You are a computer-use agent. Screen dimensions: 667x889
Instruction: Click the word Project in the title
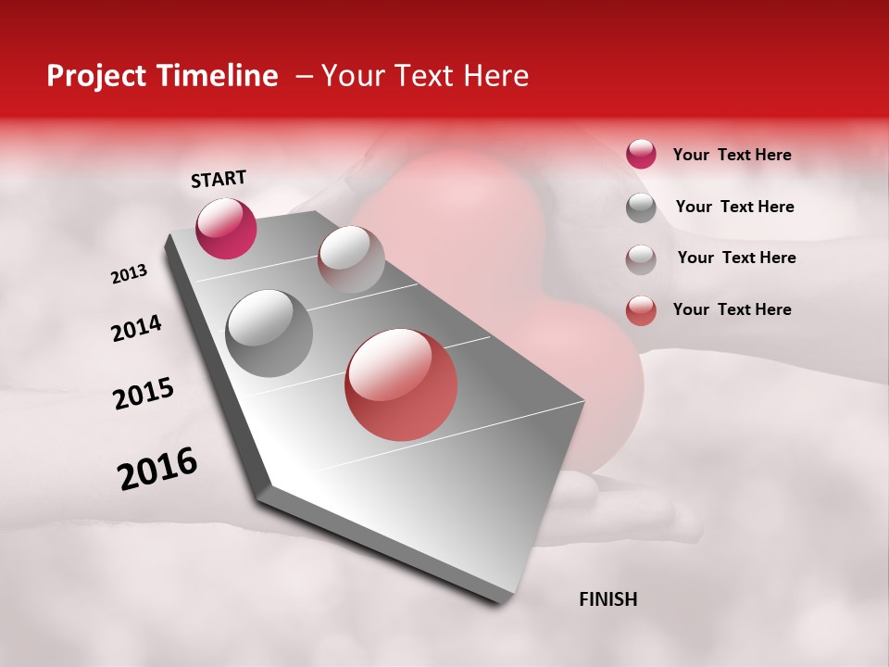[x=96, y=76]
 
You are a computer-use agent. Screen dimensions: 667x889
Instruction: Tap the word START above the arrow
[x=219, y=179]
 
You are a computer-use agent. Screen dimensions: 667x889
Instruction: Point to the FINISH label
[x=607, y=599]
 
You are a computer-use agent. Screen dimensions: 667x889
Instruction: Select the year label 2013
[x=130, y=274]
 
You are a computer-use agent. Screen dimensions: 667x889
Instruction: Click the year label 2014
[x=137, y=328]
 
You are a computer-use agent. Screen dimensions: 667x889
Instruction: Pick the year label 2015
[x=144, y=394]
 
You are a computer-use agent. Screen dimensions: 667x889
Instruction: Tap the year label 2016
[x=157, y=469]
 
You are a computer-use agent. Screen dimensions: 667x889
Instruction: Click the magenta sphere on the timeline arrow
[x=226, y=228]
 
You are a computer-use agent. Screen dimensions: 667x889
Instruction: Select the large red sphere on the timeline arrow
[x=401, y=384]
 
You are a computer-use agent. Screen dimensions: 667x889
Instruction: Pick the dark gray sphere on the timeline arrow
[x=269, y=333]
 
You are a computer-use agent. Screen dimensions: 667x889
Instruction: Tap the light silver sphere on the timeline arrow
[x=351, y=258]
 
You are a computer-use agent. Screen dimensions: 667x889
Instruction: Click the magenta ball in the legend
[x=641, y=154]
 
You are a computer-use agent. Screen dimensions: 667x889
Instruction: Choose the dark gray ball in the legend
[x=641, y=208]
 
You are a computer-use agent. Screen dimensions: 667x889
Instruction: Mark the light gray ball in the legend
[x=641, y=258]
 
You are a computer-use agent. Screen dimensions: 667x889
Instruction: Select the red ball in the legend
[x=641, y=310]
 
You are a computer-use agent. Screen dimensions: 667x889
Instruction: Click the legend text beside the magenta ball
[x=732, y=155]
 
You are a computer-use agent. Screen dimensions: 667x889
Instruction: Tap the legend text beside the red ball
[x=732, y=309]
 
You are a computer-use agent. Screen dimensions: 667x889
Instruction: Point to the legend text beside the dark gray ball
[x=734, y=207]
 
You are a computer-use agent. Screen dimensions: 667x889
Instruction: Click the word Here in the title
[x=495, y=76]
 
